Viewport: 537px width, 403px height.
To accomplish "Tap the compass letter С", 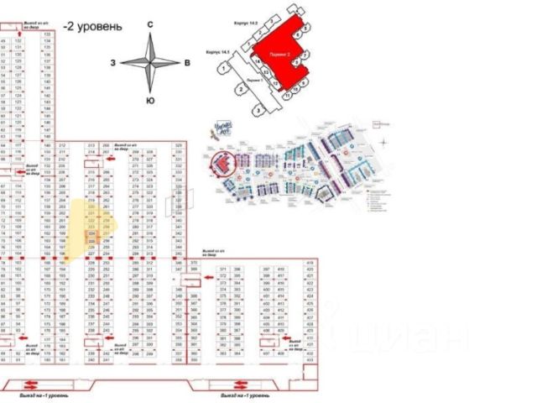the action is (x=150, y=25).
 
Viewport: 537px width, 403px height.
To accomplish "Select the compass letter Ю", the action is (x=150, y=101).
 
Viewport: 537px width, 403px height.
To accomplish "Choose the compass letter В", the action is (x=186, y=63).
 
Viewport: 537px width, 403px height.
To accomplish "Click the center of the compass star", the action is (x=150, y=63).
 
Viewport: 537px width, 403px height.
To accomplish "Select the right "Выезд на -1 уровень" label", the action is (x=244, y=393).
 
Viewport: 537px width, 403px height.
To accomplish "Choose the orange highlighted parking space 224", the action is (x=92, y=234).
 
